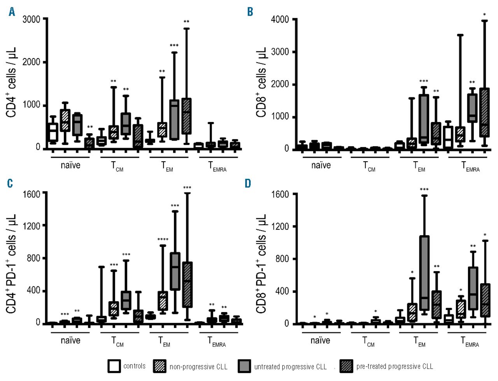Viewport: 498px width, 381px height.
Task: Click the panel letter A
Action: click(12, 12)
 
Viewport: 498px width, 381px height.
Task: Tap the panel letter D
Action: click(248, 183)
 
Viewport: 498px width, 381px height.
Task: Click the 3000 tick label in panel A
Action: click(32, 19)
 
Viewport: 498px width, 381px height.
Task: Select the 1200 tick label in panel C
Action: click(32, 226)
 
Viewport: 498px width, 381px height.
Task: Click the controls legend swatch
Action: click(114, 366)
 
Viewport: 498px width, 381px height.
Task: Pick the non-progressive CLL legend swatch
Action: click(160, 366)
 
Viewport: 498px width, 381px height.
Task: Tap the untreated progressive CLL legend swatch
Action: click(244, 366)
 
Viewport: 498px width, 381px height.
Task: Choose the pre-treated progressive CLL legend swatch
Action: click(346, 366)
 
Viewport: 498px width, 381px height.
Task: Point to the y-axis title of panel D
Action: click(261, 263)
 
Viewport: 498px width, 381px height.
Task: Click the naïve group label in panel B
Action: click(321, 165)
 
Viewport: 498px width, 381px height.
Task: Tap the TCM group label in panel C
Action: click(117, 342)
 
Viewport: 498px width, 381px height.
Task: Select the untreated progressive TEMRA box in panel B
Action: click(472, 108)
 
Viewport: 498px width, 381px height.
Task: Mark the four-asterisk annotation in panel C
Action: click(163, 240)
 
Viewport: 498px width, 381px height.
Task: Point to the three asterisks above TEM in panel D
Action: click(424, 190)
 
